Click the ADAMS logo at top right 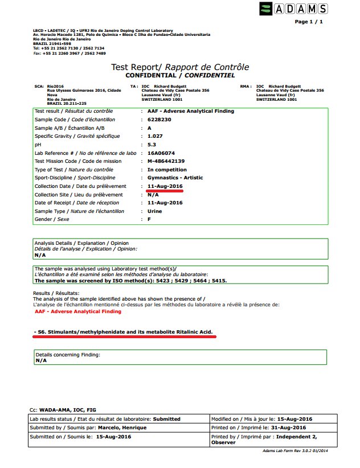coord(294,9)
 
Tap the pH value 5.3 coord(152,145)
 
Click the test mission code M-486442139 coord(166,161)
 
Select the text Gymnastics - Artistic coord(179,178)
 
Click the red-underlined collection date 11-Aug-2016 coord(165,186)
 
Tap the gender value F coord(149,219)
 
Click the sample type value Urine coord(155,211)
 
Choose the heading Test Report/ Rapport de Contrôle coord(181,68)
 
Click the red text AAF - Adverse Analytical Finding coord(77,311)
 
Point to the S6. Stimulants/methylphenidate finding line coord(125,331)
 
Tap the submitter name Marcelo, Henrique coord(99,428)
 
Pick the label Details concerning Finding coord(68,355)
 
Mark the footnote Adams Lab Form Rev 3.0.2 coord(294,450)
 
